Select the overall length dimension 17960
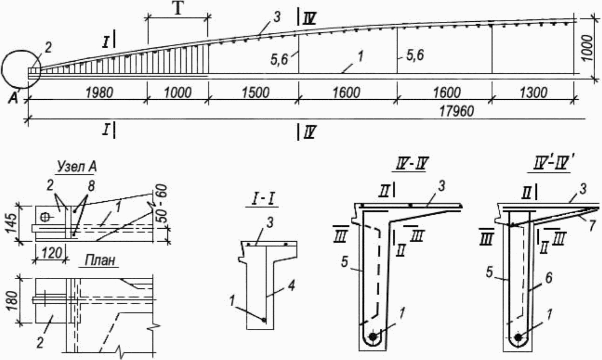[456, 111]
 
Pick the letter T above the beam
[178, 9]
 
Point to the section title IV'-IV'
[551, 163]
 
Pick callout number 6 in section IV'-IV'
[549, 278]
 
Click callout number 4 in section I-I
[291, 286]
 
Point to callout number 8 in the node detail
[91, 186]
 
